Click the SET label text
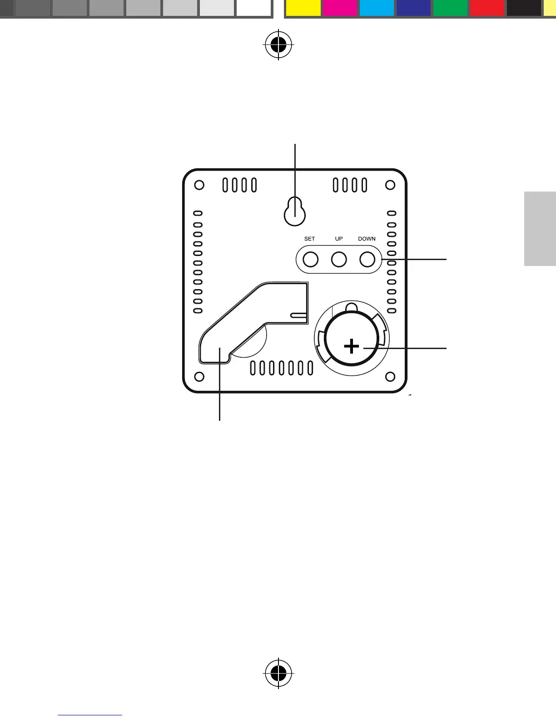(309, 239)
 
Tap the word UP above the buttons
(339, 239)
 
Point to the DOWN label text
(367, 239)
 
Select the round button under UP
(339, 260)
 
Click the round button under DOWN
(367, 260)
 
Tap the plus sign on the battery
(352, 347)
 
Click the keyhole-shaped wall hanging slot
(294, 212)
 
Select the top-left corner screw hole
(199, 185)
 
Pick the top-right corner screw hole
(390, 185)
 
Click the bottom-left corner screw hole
(199, 377)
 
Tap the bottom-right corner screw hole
(390, 377)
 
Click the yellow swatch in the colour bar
(303, 8)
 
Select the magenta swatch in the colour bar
(340, 8)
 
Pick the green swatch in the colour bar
(450, 8)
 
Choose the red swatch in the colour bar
(487, 8)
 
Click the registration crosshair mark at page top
(278, 44)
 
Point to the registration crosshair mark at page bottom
(278, 673)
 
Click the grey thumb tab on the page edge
(540, 229)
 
